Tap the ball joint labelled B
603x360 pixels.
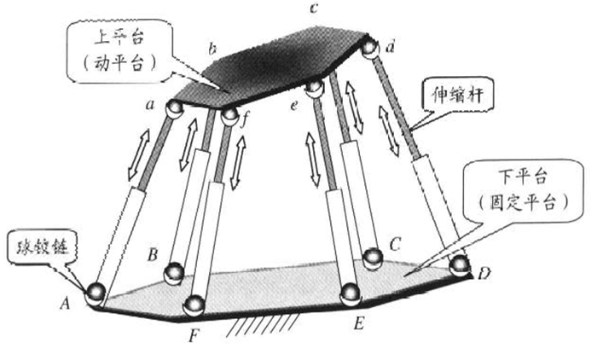tap(174, 272)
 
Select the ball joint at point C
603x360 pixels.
tap(373, 257)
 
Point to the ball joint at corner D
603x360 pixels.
tap(461, 264)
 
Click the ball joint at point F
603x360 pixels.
tap(195, 303)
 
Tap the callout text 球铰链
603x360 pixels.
tap(37, 250)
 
